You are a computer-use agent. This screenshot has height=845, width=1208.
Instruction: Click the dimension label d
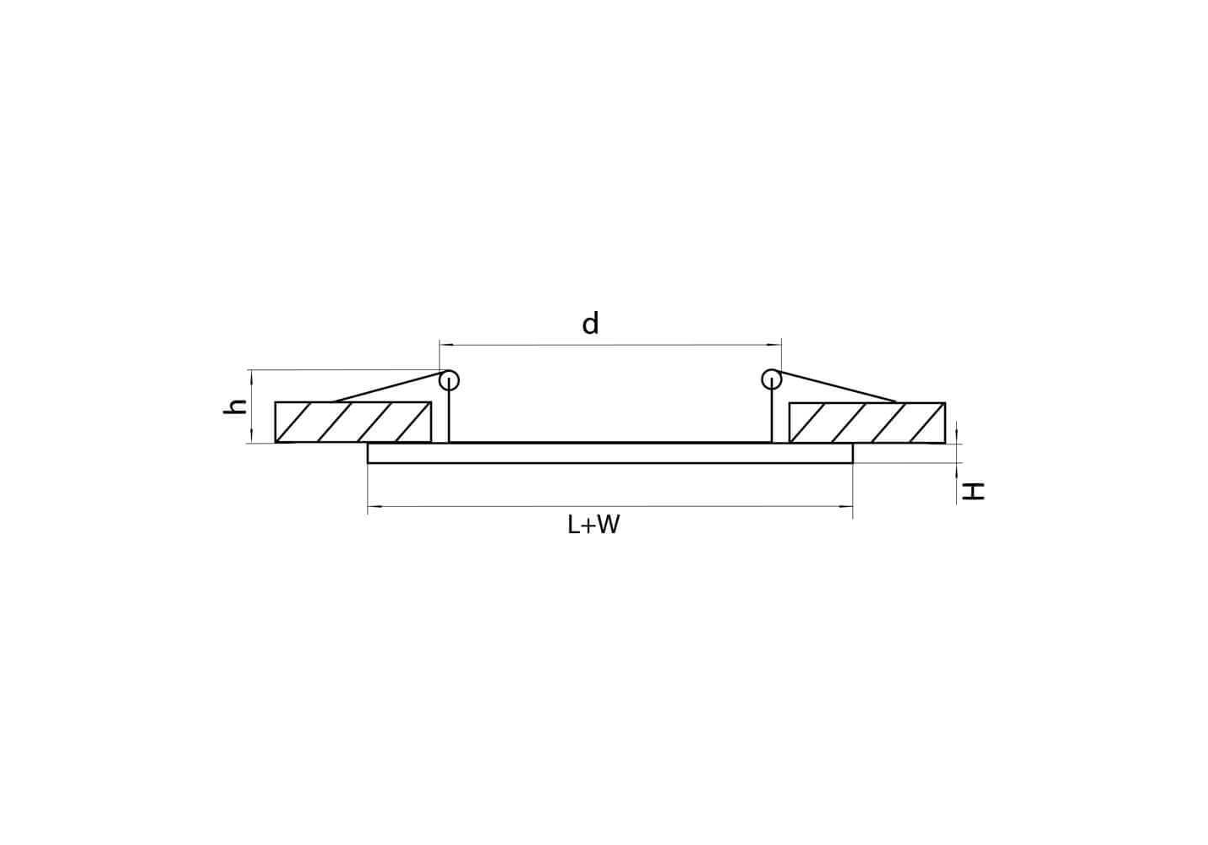tap(591, 324)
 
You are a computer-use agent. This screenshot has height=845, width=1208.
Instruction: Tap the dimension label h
tap(235, 407)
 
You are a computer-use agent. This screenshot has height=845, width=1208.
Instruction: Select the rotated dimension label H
tap(973, 491)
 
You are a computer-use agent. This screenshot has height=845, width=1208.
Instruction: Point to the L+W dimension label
tap(593, 525)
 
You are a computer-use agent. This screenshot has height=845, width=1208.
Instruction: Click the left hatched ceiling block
tap(353, 422)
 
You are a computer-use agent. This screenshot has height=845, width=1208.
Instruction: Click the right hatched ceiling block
tap(866, 422)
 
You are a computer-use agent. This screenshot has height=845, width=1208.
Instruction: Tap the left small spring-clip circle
tap(449, 380)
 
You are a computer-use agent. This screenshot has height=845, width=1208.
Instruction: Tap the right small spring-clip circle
tap(772, 379)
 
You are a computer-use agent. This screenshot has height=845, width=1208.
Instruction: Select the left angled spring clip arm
tap(388, 387)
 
